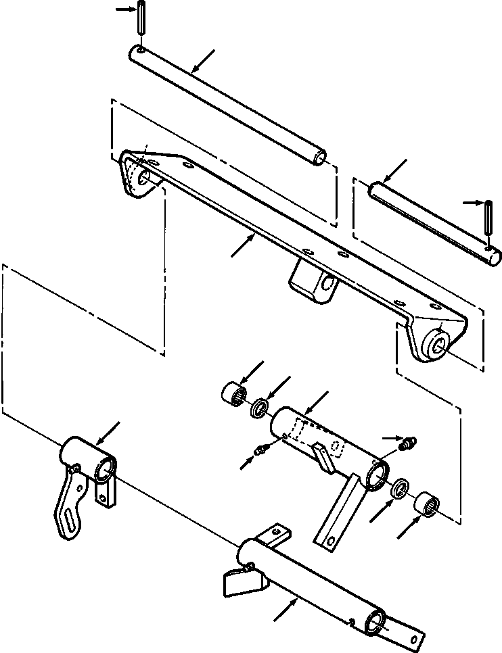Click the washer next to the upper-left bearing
[x=259, y=410]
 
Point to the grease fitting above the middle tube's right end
[x=409, y=443]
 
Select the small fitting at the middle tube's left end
[x=260, y=450]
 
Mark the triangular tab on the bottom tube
[x=239, y=581]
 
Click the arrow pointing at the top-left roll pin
[x=124, y=9]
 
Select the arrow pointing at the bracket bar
[x=242, y=245]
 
